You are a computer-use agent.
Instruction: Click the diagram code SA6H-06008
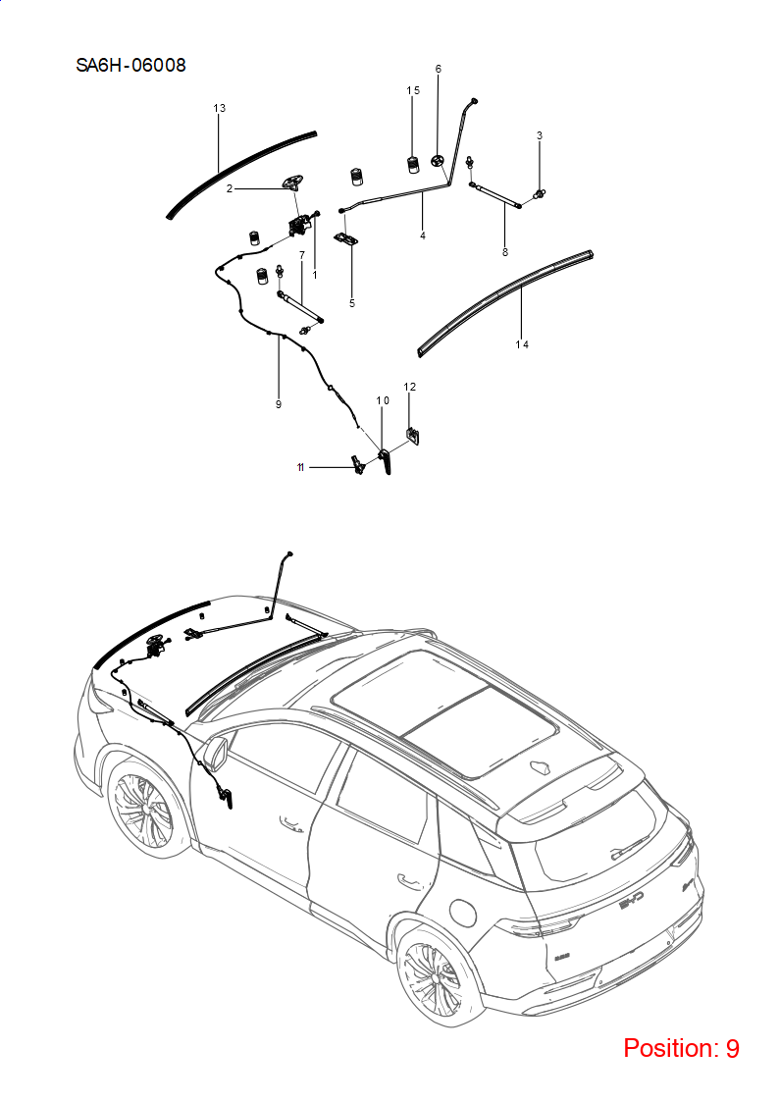click(130, 66)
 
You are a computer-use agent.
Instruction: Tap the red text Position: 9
click(681, 1048)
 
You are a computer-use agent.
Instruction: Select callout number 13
click(219, 108)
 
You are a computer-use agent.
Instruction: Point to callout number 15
click(413, 90)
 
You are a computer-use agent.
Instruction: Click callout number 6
click(439, 69)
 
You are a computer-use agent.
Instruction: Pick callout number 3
click(540, 135)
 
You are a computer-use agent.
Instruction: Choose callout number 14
click(522, 344)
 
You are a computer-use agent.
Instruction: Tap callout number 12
click(409, 387)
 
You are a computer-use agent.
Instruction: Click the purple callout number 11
click(300, 467)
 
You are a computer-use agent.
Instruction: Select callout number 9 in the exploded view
click(279, 404)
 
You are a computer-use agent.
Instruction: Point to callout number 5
click(352, 303)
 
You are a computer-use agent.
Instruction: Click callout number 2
click(229, 188)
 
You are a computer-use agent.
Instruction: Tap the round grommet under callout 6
click(438, 161)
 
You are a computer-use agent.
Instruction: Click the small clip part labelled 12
click(413, 436)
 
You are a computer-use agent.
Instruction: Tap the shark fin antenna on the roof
click(543, 768)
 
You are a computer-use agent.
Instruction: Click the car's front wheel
click(140, 811)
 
